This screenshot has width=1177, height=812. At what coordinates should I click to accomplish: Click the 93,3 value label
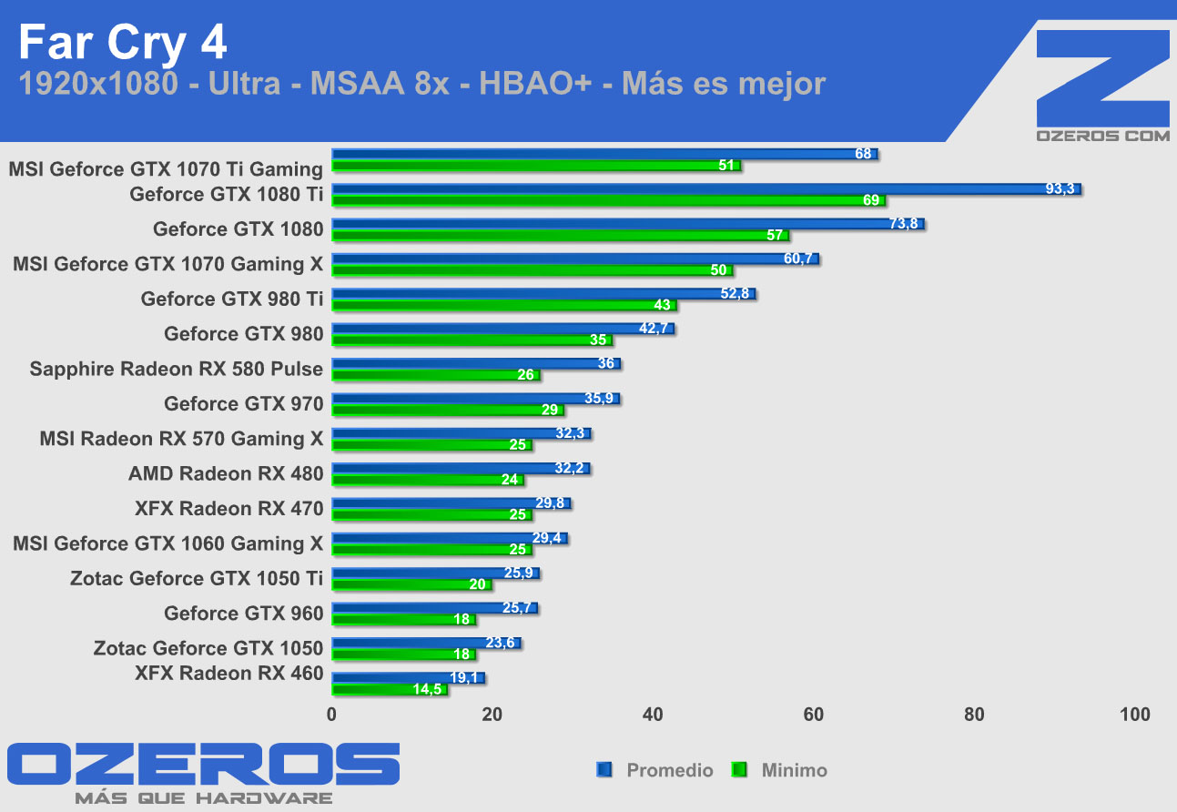(1060, 189)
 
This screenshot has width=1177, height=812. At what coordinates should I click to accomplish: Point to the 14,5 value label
(428, 690)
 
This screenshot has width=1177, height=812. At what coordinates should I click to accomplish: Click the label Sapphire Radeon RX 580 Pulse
(176, 369)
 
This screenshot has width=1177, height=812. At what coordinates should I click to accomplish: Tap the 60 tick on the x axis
(814, 715)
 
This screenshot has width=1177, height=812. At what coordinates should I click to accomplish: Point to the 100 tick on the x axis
(1135, 715)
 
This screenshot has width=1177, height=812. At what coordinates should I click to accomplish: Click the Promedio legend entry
(669, 770)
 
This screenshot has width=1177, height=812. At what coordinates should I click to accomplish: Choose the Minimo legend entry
(794, 770)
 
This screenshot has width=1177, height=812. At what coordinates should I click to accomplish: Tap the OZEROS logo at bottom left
(202, 765)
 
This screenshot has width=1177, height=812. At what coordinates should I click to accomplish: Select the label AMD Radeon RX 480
(226, 473)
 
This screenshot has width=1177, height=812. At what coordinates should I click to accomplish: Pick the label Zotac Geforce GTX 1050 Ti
(197, 578)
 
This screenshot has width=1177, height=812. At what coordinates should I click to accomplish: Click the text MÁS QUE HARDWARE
(202, 798)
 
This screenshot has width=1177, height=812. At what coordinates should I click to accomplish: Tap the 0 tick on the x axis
(332, 715)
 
